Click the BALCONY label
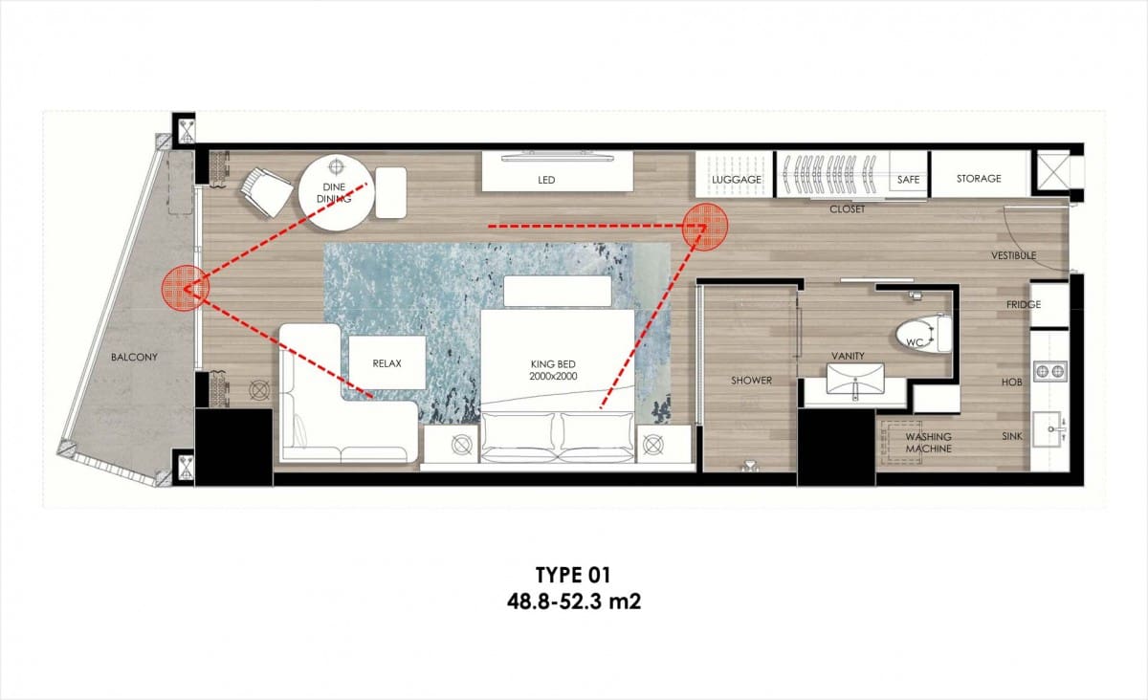coord(134,358)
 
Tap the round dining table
coord(336,193)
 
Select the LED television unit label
coord(546,180)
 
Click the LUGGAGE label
coord(737,180)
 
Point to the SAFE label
coord(908,180)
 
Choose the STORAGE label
coord(979,178)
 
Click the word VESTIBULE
coord(1014,255)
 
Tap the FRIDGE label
coord(1024,304)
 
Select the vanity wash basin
coord(855,380)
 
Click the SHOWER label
coord(751,381)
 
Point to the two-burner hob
coord(1050,371)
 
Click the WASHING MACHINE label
coord(928,443)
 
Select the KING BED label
coord(553,370)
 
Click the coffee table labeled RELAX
coord(386,362)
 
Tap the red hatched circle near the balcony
coord(185,288)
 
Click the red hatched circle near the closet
coord(705,227)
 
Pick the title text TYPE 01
coord(573,575)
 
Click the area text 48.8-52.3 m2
coord(574,602)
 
